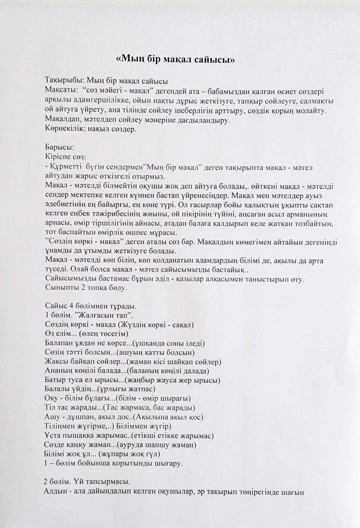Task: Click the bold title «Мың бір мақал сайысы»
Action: point(176,59)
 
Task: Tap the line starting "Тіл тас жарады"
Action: point(116,408)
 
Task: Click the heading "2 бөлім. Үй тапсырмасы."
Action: point(88,482)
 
